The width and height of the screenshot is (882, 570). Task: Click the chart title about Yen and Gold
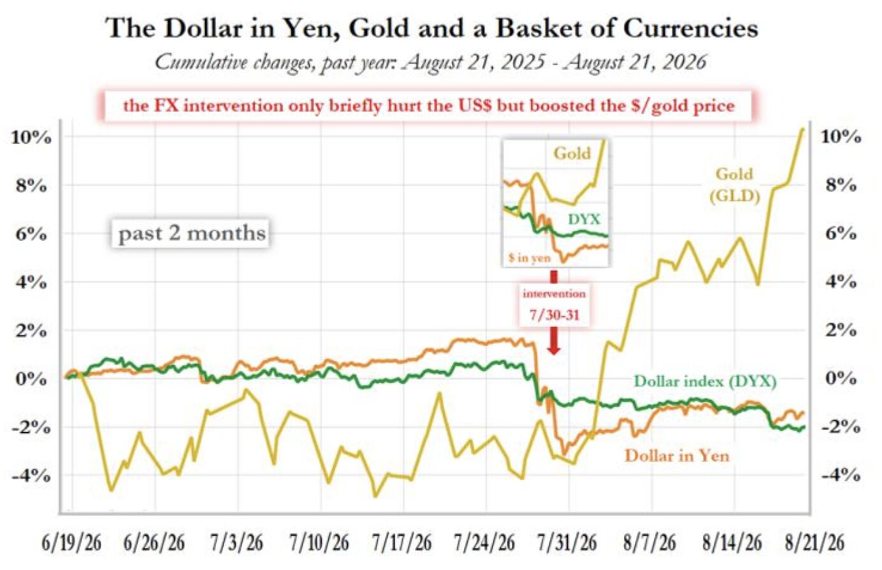432,28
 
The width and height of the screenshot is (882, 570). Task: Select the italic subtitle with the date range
431,62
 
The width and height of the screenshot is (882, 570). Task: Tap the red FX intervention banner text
429,106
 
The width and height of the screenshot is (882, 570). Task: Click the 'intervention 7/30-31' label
554,304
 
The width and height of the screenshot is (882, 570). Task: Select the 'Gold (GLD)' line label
734,185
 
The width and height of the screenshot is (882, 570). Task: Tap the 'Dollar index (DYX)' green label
705,382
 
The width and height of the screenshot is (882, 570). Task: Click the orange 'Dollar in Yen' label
677,456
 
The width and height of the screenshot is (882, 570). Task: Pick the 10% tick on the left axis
31,138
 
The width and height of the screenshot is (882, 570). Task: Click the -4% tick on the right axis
841,476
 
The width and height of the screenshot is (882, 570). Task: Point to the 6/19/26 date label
71,543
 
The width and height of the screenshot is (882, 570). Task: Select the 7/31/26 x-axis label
567,543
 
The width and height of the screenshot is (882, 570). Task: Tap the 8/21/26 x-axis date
814,543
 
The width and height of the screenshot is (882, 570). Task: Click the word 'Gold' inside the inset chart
572,153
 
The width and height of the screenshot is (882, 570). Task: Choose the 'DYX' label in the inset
584,219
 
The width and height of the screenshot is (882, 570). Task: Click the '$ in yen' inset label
529,258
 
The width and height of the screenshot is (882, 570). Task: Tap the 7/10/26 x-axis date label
319,543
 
